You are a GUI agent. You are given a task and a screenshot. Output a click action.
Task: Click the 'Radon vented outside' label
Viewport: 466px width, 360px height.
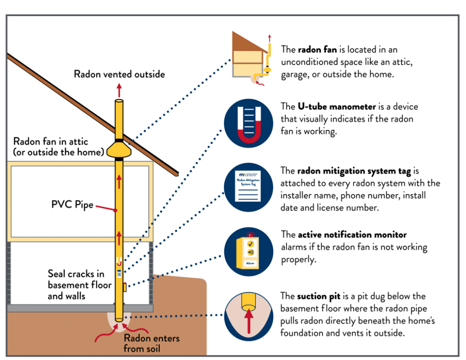(x=119, y=74)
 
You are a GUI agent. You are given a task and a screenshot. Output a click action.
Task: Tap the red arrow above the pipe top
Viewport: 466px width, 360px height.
(x=119, y=88)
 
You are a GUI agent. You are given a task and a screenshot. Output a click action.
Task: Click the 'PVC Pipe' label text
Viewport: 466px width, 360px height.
(x=72, y=204)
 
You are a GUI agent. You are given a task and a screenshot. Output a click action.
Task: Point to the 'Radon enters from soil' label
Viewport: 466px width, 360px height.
(x=152, y=344)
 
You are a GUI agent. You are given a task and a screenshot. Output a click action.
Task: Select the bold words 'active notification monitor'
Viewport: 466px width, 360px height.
(x=352, y=235)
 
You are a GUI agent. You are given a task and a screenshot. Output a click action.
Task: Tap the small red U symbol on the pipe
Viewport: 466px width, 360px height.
(x=118, y=262)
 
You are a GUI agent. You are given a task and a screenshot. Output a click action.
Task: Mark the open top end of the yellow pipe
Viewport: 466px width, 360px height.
(x=119, y=101)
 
